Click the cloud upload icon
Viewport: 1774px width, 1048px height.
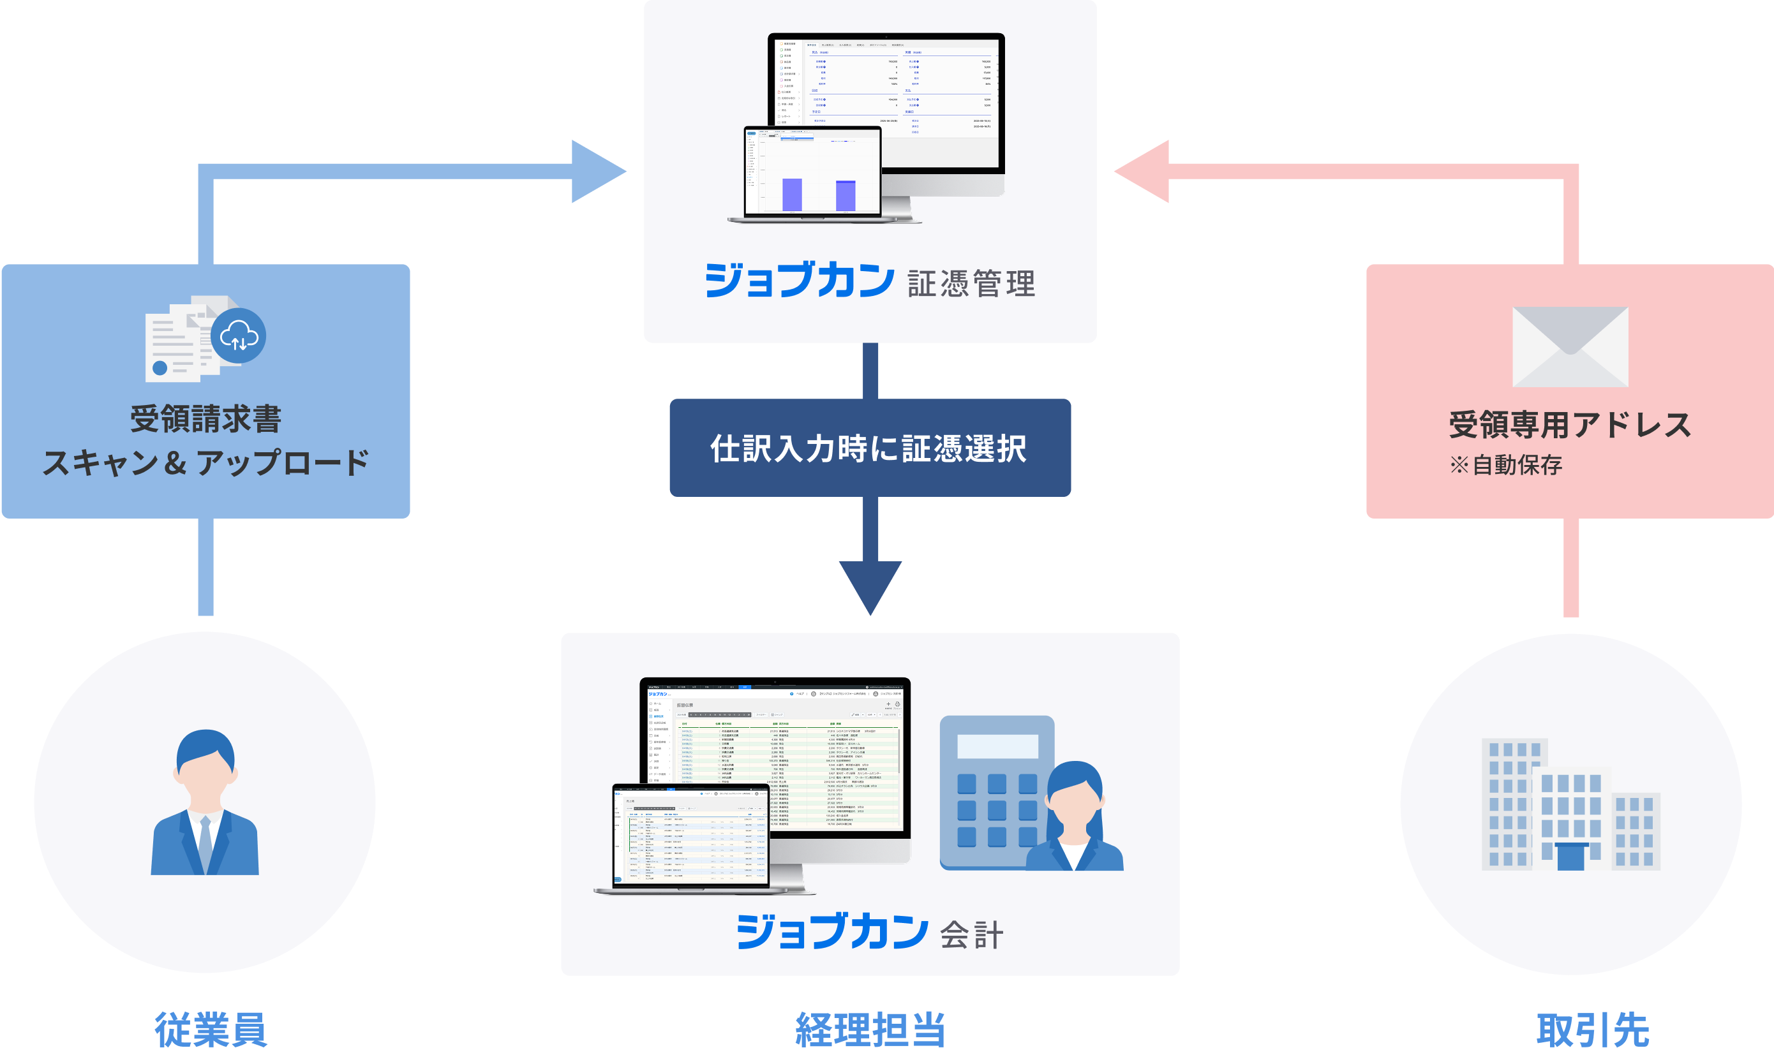tap(239, 336)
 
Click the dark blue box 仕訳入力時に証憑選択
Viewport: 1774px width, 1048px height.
tap(870, 448)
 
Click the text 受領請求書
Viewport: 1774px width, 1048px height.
tap(205, 420)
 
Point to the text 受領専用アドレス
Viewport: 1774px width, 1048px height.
tap(1570, 424)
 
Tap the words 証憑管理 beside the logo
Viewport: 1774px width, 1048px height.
tap(971, 283)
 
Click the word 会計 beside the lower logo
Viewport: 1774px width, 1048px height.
tap(971, 935)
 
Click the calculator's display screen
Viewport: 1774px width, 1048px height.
tap(997, 746)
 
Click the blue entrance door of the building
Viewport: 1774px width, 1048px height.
tap(1570, 857)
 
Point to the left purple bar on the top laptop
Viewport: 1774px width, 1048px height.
tap(791, 194)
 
